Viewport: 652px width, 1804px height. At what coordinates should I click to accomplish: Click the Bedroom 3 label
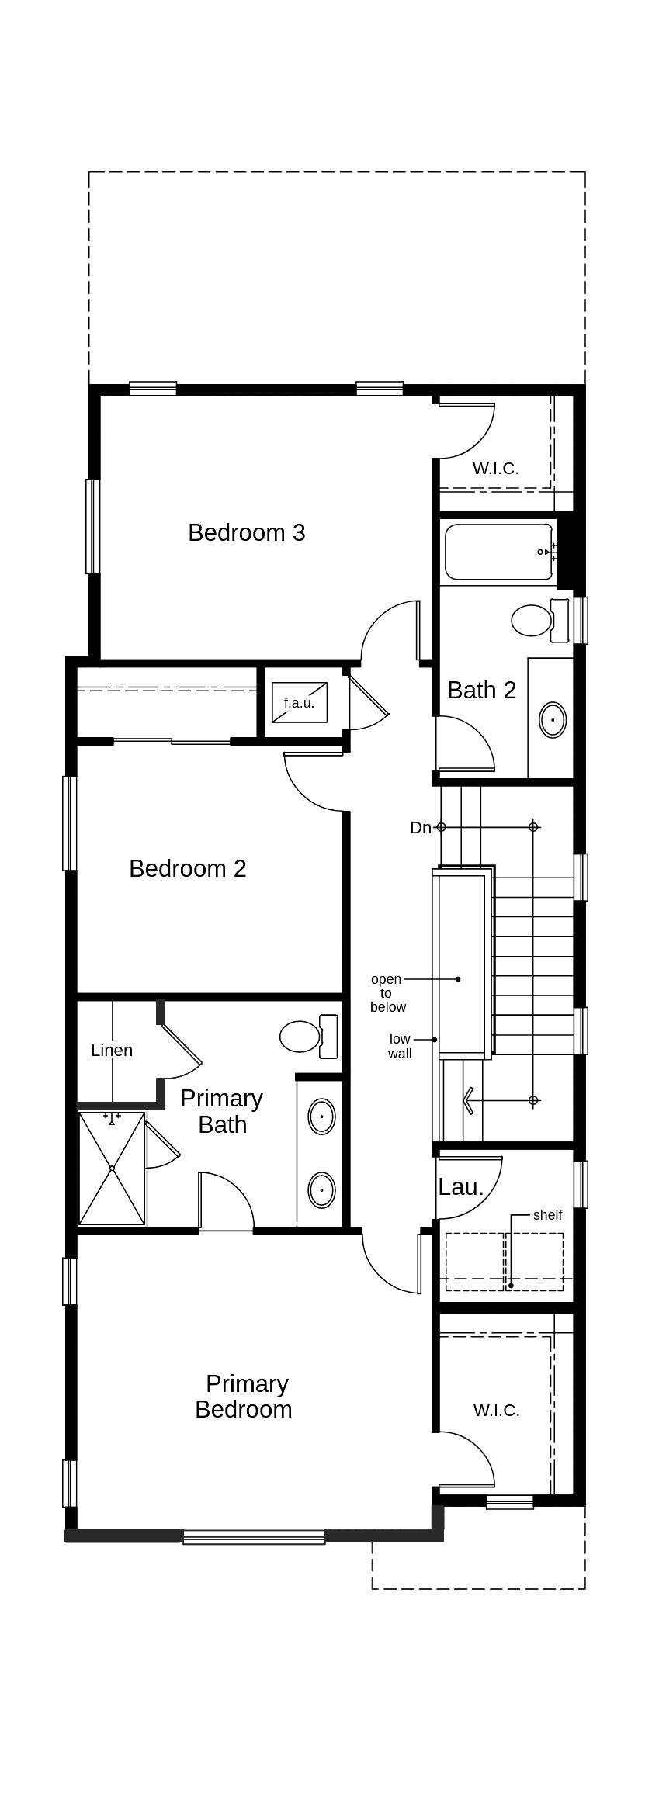click(x=247, y=533)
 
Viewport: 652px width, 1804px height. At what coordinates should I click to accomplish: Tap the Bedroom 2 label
click(x=188, y=868)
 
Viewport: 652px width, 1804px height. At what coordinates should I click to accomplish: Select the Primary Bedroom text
click(x=244, y=1397)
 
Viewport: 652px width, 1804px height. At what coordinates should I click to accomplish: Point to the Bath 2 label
click(x=482, y=690)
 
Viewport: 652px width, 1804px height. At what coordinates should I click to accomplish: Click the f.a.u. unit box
click(x=300, y=702)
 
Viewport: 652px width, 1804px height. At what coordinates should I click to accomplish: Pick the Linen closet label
click(x=112, y=1051)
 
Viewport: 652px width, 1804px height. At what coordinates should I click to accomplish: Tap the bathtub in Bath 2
click(x=498, y=552)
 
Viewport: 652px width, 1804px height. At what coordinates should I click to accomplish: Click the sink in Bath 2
click(x=553, y=720)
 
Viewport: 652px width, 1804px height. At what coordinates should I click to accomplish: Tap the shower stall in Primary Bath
click(x=112, y=1169)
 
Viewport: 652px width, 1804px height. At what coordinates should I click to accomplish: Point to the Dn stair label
click(x=421, y=828)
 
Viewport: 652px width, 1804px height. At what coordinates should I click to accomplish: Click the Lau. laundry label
click(x=461, y=1187)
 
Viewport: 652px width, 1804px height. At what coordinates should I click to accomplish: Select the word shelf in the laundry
click(x=547, y=1215)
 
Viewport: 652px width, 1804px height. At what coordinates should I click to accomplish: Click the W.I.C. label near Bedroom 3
click(x=495, y=469)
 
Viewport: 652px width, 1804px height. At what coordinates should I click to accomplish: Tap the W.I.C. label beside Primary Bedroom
click(x=496, y=1411)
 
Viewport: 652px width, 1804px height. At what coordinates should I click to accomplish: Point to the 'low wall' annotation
click(x=400, y=1047)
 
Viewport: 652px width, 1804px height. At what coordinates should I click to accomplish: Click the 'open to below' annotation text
click(x=387, y=993)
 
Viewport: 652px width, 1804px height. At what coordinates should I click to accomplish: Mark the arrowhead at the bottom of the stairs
click(x=469, y=1100)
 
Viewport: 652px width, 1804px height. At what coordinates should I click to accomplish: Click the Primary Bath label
click(x=222, y=1111)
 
